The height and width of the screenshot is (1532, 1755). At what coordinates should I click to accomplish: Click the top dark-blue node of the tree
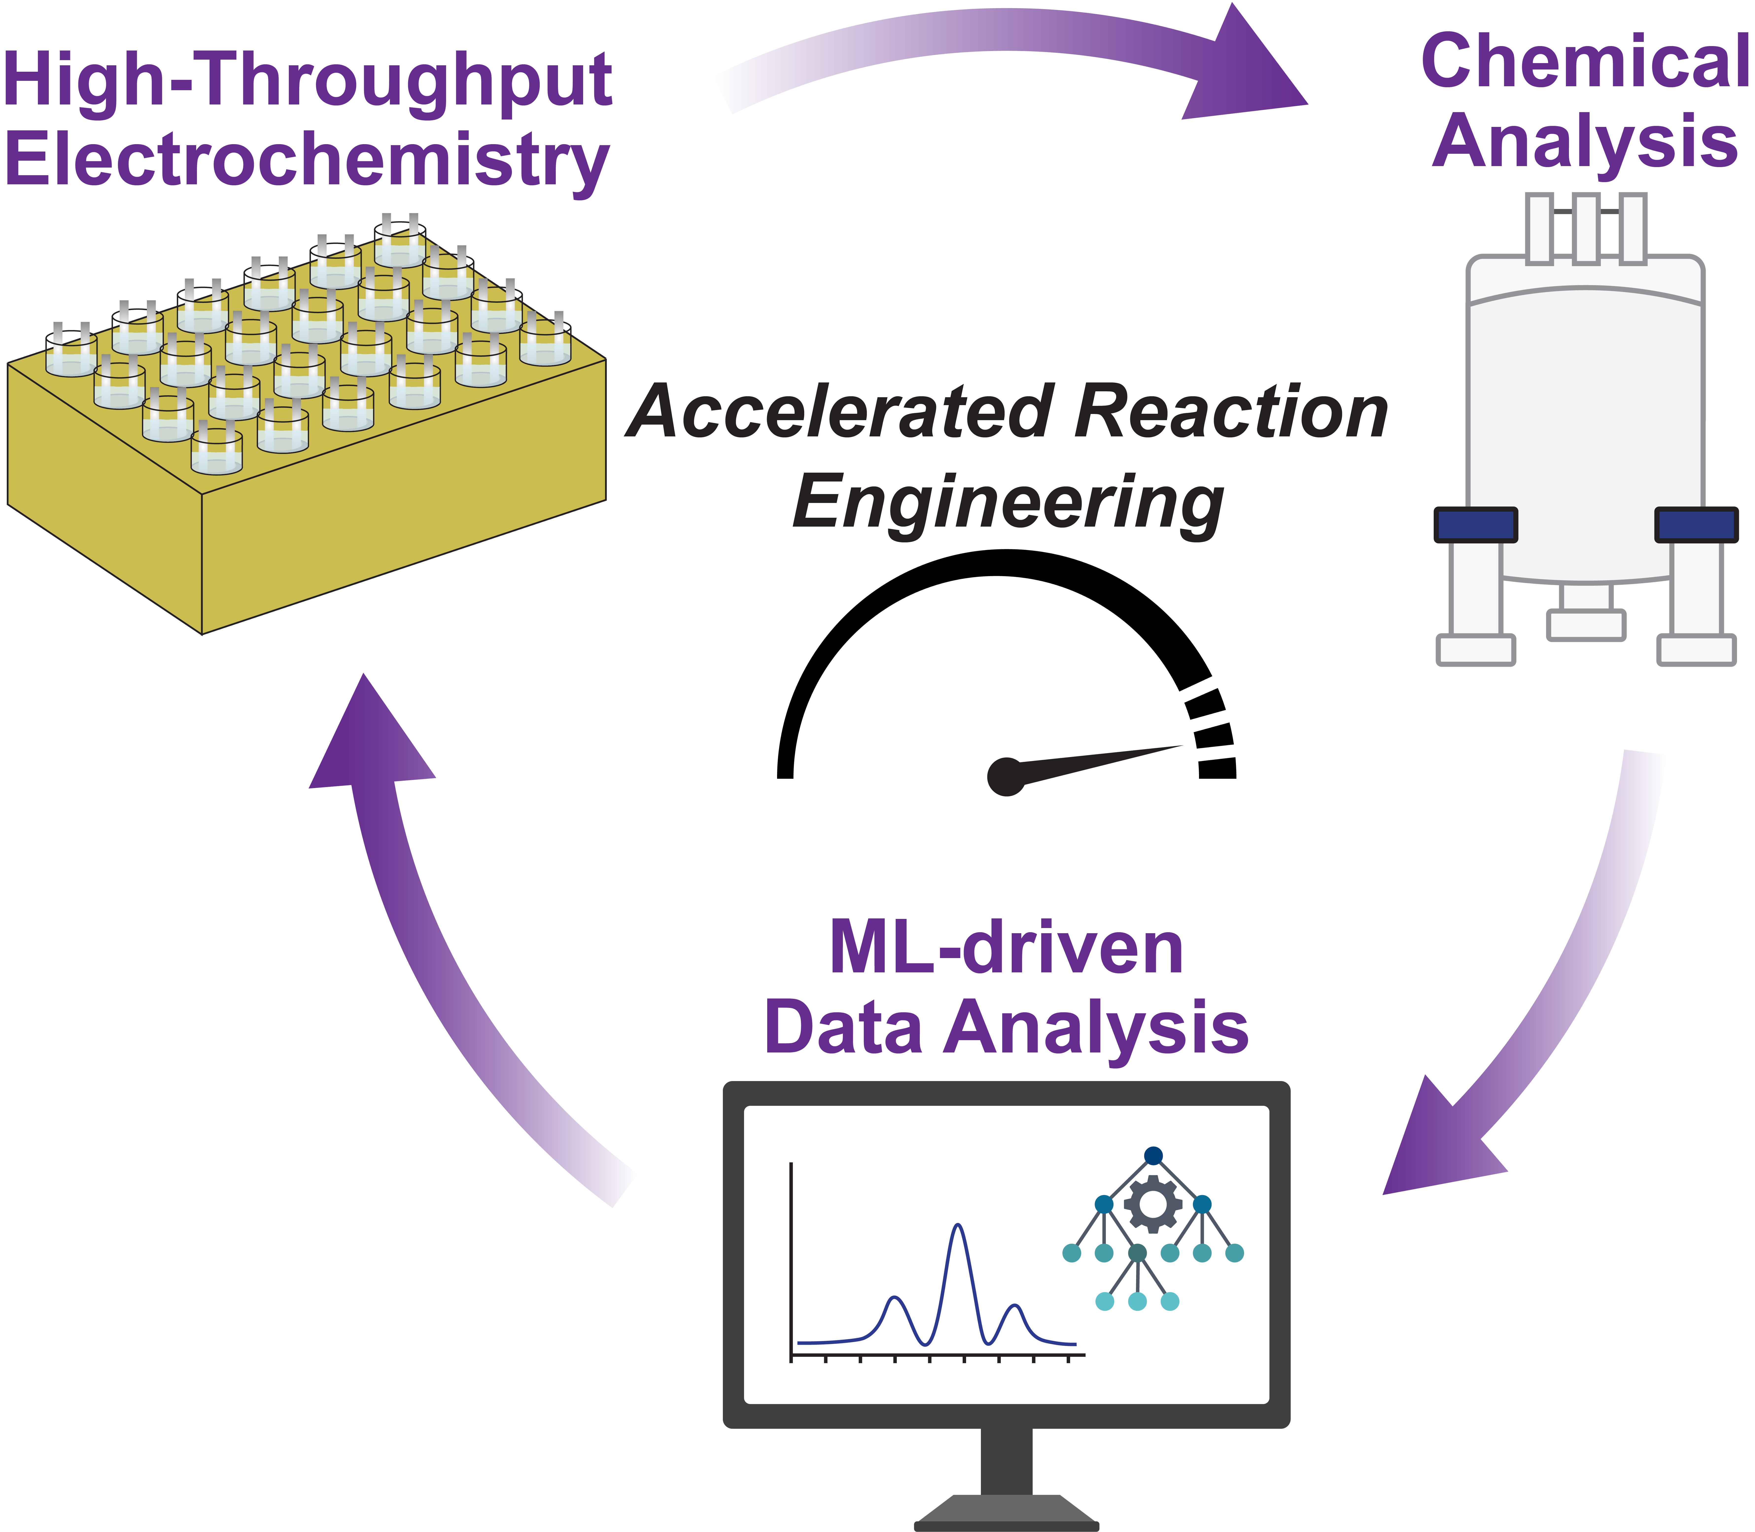pyautogui.click(x=1153, y=1156)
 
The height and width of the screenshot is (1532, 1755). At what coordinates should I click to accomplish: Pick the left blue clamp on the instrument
pyautogui.click(x=1476, y=524)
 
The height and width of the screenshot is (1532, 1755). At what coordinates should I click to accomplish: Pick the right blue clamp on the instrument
pyautogui.click(x=1696, y=524)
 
